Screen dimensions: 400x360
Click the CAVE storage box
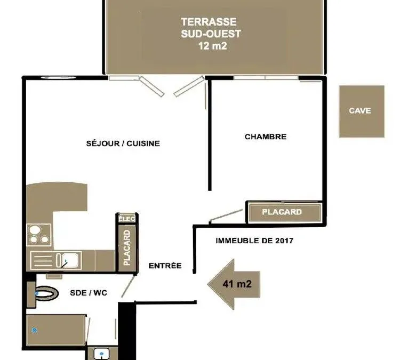coord(362,111)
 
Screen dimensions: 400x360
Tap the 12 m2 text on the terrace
coord(212,46)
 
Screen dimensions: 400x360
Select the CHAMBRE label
coord(266,137)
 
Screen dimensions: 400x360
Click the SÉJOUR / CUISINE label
coord(123,143)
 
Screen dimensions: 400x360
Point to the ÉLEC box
coord(127,219)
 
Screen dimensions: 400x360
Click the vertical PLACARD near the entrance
coord(127,248)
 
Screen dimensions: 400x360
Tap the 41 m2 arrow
coord(234,284)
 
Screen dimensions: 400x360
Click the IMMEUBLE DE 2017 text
coord(254,241)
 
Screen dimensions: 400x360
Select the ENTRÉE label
coord(165,266)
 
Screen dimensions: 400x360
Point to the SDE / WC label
coord(89,293)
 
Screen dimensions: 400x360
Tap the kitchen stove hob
coord(39,235)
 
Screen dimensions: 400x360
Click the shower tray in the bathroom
coord(56,330)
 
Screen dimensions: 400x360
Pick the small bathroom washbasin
coord(101,354)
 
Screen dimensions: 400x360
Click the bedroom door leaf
coord(226,215)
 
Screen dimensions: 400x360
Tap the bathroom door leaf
coord(128,286)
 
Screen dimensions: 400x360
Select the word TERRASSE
coord(209,22)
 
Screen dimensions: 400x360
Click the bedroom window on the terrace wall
coord(266,77)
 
